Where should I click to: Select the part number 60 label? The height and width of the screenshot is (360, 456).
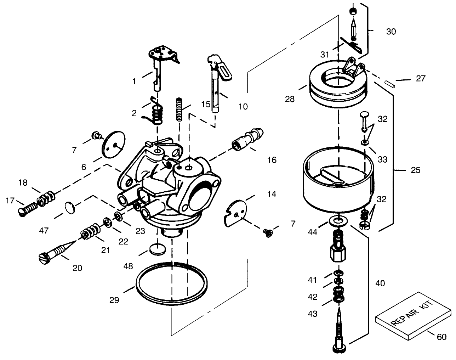pos(441,337)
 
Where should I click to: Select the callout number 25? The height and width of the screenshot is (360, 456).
pos(416,170)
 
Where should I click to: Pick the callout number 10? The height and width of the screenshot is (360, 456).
pos(243,106)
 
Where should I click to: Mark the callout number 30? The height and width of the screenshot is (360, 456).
pos(391,32)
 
